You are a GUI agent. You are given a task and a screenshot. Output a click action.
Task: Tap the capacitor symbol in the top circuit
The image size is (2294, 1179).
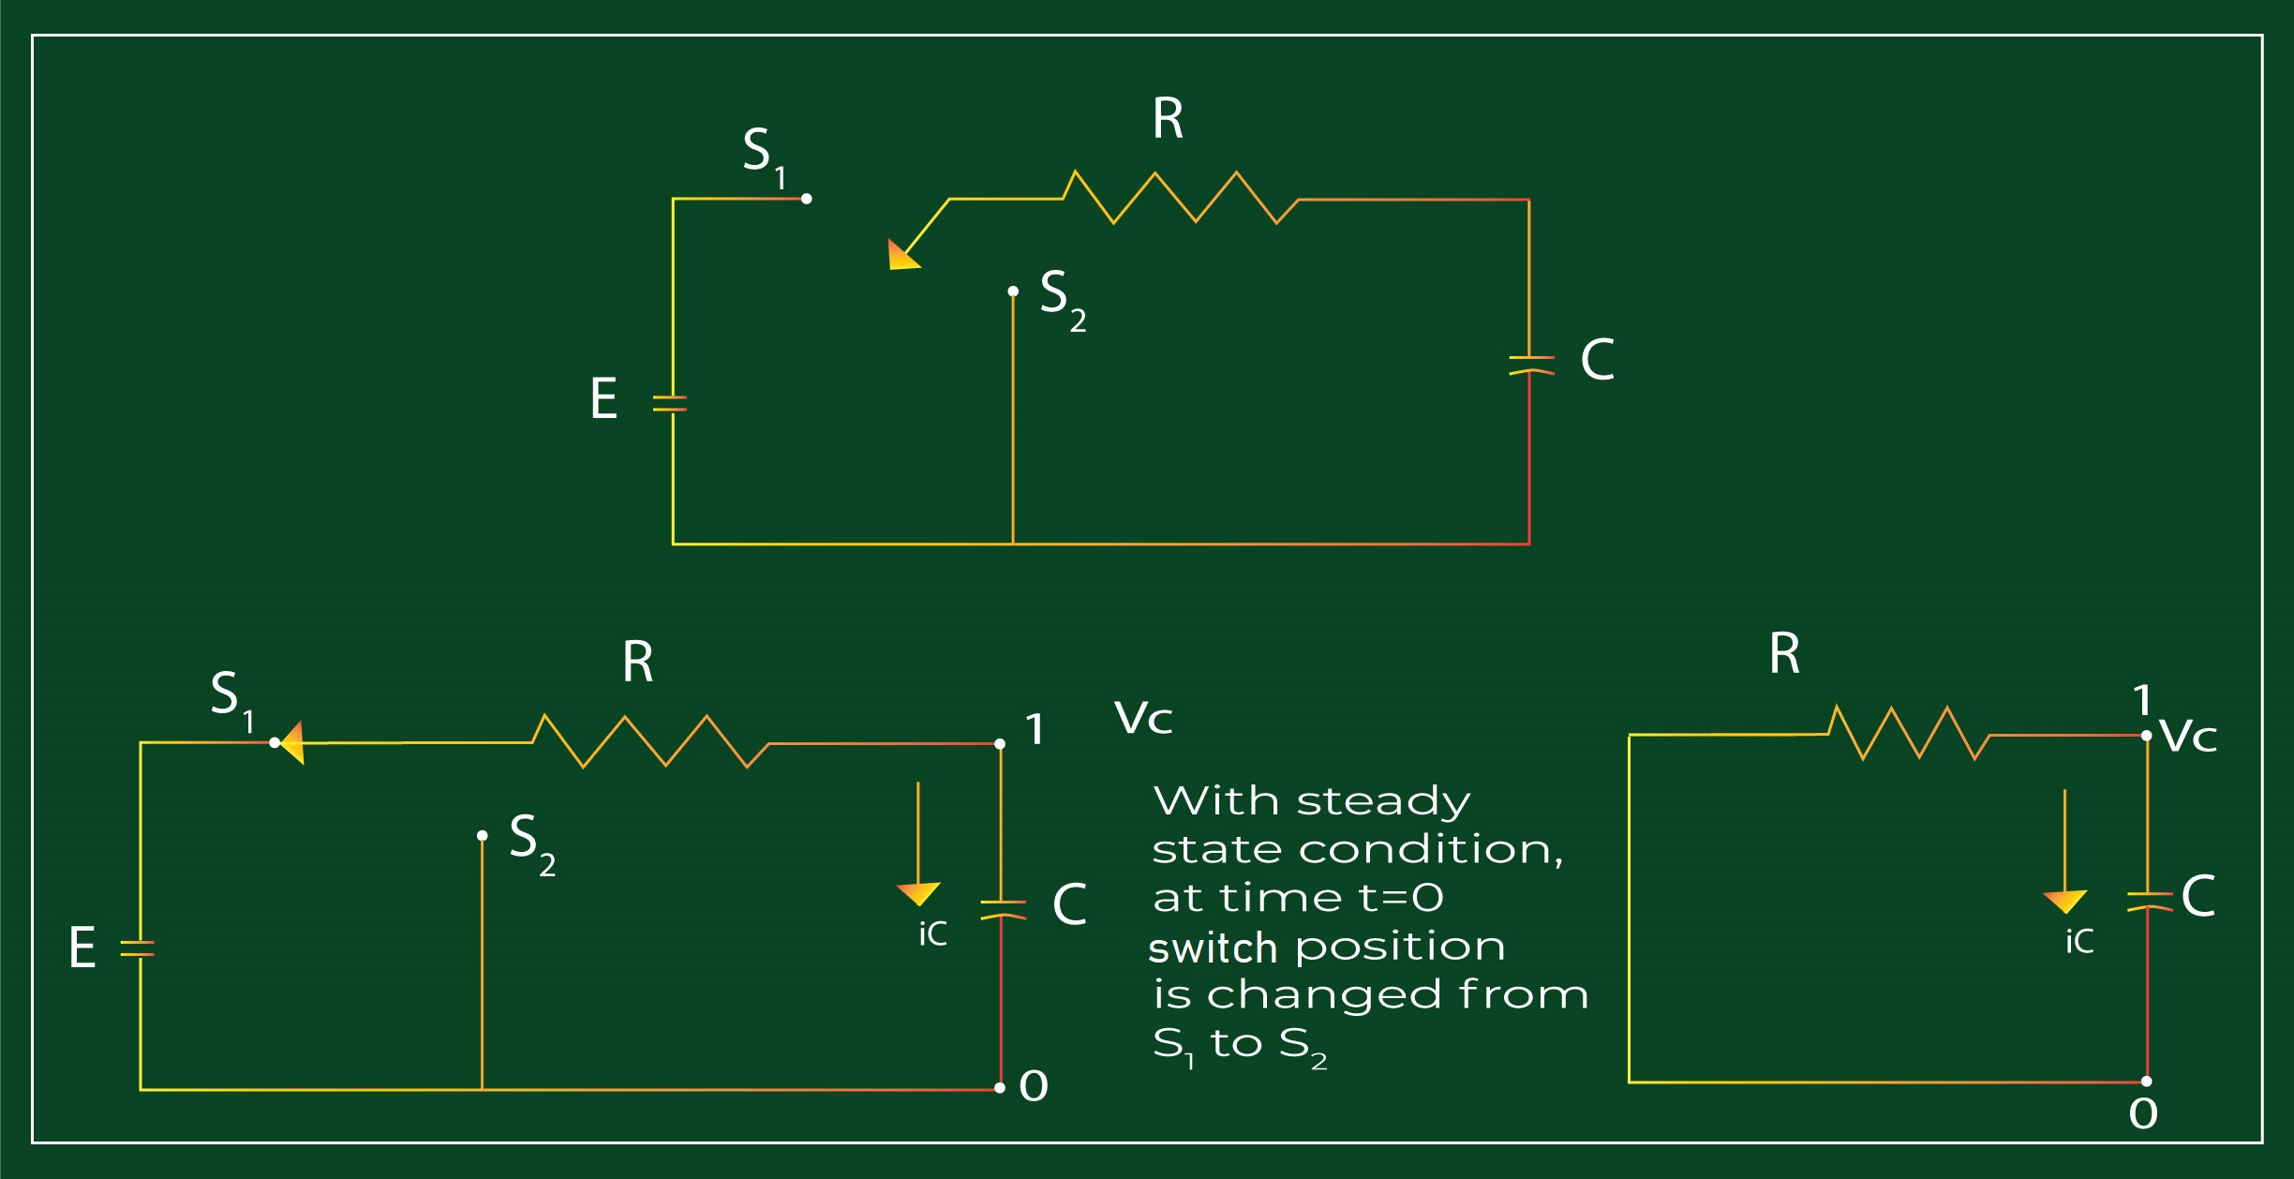click(1530, 366)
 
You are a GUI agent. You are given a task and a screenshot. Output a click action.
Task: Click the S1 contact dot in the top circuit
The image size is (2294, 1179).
click(806, 199)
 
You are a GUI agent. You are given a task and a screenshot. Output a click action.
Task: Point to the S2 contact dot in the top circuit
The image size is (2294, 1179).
click(1013, 291)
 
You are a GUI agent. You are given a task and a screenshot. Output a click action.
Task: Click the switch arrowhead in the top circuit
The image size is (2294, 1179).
click(901, 255)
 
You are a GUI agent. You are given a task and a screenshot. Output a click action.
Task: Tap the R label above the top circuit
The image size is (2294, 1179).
click(1168, 119)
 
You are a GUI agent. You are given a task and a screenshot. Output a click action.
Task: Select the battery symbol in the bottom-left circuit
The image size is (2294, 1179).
click(139, 948)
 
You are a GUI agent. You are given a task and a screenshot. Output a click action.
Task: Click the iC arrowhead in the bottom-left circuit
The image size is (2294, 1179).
click(918, 893)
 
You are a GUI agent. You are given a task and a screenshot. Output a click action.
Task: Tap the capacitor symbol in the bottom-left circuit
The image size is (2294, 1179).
click(1002, 909)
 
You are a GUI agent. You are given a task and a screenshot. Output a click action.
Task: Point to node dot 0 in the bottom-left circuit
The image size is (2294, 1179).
click(1000, 1087)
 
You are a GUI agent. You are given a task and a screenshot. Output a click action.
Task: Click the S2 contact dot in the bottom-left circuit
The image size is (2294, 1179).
click(482, 835)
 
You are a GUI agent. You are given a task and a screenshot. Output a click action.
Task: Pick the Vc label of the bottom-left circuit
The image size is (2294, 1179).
click(1143, 719)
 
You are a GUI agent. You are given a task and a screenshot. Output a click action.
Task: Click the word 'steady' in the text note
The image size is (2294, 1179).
click(1383, 802)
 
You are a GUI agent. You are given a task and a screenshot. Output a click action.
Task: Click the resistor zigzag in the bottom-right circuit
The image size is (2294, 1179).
click(1908, 733)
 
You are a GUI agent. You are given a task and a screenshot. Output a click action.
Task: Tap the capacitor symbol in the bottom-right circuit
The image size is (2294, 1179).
click(2148, 901)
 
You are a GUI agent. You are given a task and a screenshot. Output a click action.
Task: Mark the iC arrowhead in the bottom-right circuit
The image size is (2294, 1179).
click(2064, 901)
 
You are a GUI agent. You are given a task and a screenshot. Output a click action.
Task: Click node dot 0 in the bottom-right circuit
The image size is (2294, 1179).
click(2147, 1081)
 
